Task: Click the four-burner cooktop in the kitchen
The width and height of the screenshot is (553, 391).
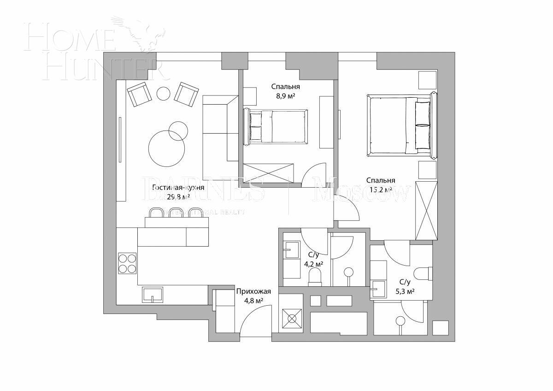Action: pos(127,263)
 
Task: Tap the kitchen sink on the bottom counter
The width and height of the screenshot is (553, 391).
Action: pos(153,295)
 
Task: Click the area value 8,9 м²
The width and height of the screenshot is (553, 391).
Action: pos(285,96)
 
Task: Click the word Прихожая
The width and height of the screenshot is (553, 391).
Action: pos(253,291)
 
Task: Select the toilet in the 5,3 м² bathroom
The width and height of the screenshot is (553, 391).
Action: pos(423,273)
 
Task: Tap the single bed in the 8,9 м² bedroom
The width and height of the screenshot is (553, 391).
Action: pos(278,127)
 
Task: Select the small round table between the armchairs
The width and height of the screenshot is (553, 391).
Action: pos(164,94)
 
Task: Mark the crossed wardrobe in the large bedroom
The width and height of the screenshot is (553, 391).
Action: pos(426,211)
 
